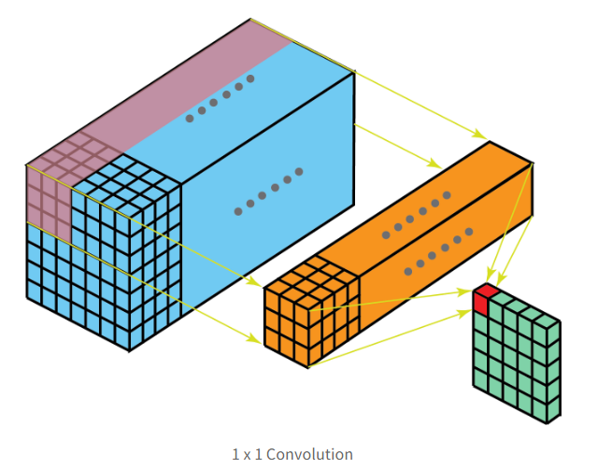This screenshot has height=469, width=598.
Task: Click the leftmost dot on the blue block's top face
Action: pos(190,119)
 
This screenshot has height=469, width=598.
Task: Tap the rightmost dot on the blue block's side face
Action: pos(299,171)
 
